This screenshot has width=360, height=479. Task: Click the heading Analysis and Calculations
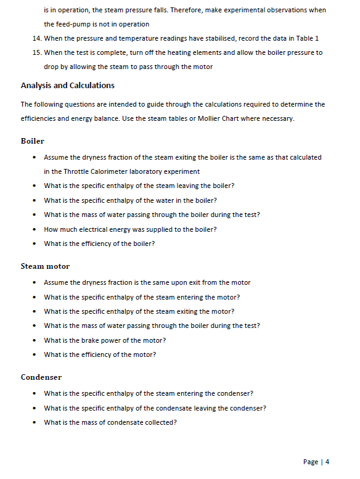[67, 85]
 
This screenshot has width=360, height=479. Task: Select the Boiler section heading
[32, 141]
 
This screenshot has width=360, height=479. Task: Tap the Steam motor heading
[45, 266]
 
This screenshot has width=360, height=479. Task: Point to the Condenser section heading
[41, 377]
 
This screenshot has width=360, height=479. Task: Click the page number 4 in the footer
[327, 462]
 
